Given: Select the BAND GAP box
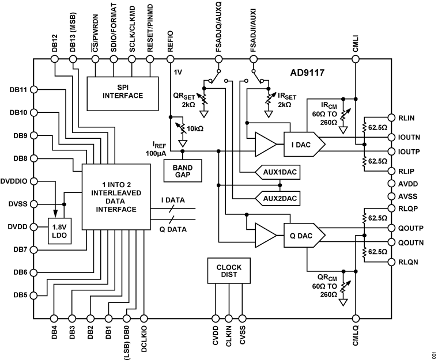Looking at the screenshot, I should [182, 171].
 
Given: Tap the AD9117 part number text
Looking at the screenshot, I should [309, 75].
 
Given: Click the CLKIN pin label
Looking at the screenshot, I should [229, 338].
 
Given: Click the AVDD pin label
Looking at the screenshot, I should [409, 184].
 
